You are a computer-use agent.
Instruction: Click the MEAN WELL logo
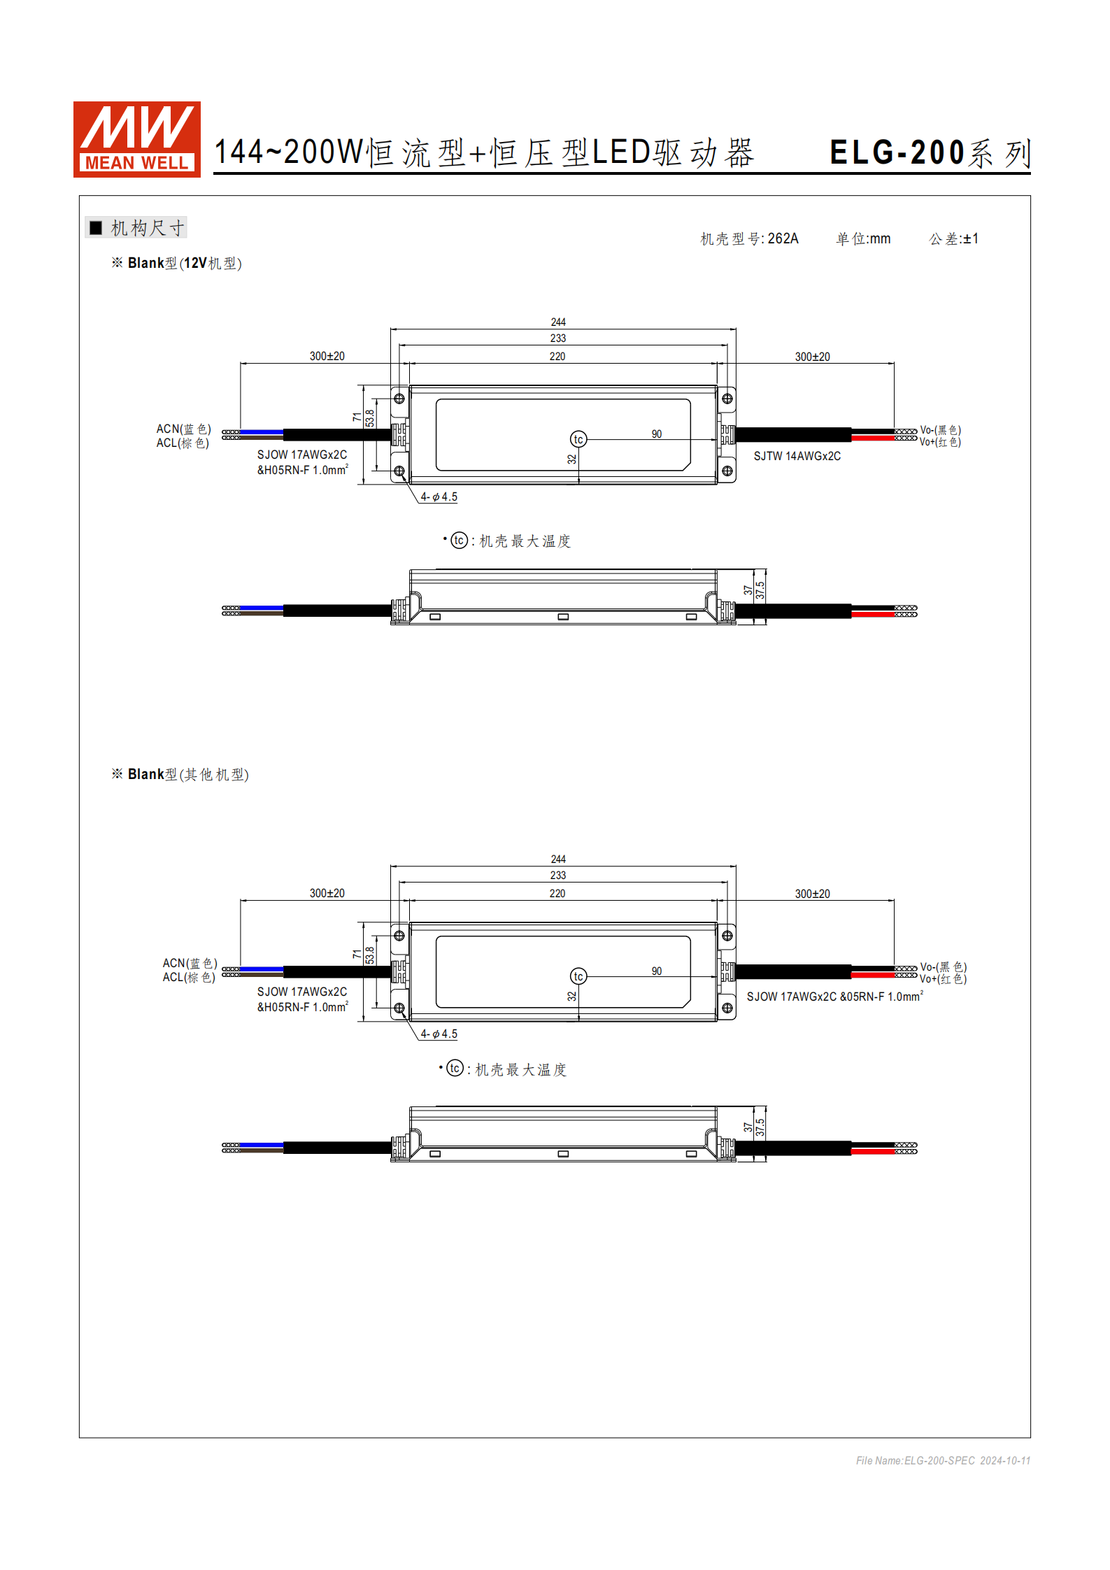[x=136, y=139]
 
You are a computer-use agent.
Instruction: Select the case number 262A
[x=783, y=238]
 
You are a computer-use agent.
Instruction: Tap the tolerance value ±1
[x=970, y=238]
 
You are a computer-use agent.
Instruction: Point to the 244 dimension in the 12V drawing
[x=557, y=322]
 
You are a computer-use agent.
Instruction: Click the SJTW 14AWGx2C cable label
[x=797, y=456]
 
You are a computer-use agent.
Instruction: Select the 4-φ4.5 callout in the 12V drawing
[x=439, y=497]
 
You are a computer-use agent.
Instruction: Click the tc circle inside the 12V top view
[x=578, y=439]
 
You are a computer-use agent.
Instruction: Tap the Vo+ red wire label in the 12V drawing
[x=939, y=442]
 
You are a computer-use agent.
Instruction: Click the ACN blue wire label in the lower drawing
[x=190, y=963]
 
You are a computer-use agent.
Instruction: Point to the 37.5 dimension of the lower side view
[x=760, y=1127]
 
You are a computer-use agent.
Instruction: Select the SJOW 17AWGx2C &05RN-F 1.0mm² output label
[x=834, y=997]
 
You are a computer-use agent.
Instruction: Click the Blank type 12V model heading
[x=176, y=263]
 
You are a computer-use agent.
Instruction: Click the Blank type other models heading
[x=180, y=774]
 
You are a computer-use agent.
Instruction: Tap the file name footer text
[x=942, y=1460]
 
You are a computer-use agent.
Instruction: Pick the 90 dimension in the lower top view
[x=656, y=971]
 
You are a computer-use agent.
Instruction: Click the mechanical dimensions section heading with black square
[x=137, y=228]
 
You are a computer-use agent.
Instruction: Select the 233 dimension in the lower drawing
[x=557, y=875]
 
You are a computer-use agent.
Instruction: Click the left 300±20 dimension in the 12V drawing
[x=327, y=356]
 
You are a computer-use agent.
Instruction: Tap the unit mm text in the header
[x=863, y=238]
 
